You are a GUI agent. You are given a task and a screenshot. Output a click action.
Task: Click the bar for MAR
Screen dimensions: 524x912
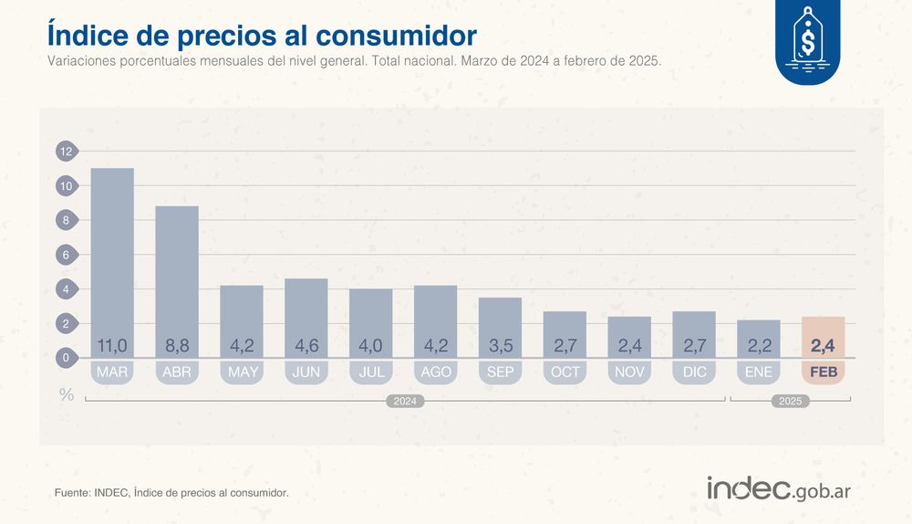[x=112, y=256]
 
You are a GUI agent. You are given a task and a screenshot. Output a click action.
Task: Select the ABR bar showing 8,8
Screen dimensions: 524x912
[x=177, y=274]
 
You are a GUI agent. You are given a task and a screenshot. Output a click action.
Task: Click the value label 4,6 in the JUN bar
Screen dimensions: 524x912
[x=306, y=346]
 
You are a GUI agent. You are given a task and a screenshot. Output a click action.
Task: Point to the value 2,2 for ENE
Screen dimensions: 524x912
[x=758, y=346]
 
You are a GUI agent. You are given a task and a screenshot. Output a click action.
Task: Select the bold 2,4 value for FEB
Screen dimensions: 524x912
[x=824, y=346]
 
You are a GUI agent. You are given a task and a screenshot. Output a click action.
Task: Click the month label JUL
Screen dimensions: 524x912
[x=370, y=372]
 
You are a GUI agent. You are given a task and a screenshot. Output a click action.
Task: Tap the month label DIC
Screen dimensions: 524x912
[x=693, y=372]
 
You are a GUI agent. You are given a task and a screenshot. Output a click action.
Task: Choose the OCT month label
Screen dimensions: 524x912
[x=565, y=372]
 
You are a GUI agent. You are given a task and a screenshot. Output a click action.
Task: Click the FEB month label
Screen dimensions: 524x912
[x=824, y=372]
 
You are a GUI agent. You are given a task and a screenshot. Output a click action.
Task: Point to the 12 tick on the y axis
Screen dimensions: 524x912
[x=67, y=152]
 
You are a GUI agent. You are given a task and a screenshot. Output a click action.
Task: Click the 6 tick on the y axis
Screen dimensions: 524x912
[x=67, y=255]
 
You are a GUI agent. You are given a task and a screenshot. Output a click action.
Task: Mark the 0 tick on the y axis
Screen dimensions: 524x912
[x=67, y=358]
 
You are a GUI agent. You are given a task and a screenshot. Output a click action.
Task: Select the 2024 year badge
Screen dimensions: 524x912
[x=406, y=401]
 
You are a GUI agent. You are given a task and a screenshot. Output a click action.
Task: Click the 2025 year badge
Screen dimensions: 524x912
[x=791, y=401]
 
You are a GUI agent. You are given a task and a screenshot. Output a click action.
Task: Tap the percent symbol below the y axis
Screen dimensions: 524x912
[x=67, y=394]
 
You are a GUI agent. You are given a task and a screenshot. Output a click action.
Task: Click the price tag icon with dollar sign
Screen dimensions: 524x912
[x=807, y=41]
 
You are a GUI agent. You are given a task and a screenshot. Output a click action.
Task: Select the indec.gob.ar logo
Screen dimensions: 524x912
[x=779, y=488]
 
